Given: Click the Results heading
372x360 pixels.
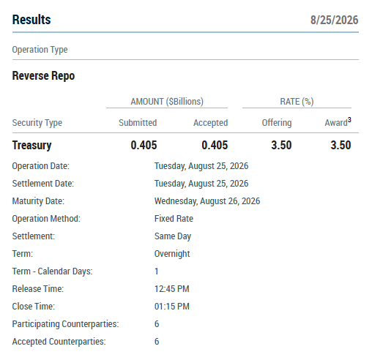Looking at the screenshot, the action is [x=31, y=20].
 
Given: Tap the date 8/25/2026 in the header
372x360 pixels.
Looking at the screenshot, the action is [x=334, y=20].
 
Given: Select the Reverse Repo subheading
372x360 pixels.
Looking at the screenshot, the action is [x=43, y=76].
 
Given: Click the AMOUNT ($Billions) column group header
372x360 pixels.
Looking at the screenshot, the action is [x=167, y=102].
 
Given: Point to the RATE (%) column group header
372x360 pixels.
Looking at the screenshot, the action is [x=297, y=102].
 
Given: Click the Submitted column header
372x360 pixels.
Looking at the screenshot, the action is [x=138, y=123].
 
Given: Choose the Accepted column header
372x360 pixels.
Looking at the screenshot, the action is [x=211, y=123].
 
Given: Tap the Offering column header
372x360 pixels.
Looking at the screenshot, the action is [x=277, y=123].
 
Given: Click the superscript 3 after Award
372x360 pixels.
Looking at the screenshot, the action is [x=349, y=120].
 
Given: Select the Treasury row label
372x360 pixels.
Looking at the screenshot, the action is [x=32, y=146].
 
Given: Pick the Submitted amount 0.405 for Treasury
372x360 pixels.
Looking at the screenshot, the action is [x=144, y=145].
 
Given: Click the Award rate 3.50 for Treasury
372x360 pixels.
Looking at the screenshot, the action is [x=341, y=145].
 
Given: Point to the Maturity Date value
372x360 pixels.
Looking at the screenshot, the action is [x=207, y=201].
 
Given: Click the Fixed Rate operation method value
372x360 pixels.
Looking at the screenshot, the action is [x=174, y=219].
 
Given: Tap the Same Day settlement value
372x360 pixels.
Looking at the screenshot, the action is [x=173, y=236].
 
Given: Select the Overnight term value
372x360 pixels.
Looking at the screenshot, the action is [x=172, y=254].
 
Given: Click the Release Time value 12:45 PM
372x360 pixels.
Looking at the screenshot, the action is [x=172, y=289].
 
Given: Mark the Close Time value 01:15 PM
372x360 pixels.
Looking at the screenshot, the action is [x=172, y=307].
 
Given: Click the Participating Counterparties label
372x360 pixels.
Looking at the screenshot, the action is [x=65, y=324].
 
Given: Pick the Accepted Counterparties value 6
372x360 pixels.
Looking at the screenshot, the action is [x=157, y=342].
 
